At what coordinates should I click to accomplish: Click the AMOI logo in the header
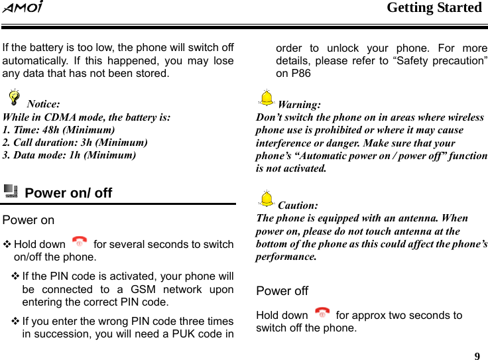coord(23,9)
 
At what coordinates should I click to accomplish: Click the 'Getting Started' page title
coord(434,8)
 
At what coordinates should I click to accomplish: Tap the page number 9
coord(477,355)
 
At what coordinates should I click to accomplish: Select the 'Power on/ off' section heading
coord(68,193)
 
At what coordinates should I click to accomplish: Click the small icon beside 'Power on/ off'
coord(11,192)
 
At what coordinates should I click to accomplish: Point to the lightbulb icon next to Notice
coord(12,99)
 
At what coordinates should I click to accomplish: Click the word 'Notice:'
coord(43,104)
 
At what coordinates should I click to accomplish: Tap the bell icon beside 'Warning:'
coord(266,99)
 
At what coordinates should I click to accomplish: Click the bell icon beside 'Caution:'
coord(266,199)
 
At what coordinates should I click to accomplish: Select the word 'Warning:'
coord(299,105)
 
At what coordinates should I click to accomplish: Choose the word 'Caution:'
coord(298,206)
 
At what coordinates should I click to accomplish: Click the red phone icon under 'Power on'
coord(80,243)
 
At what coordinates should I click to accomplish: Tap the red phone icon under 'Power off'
coord(322,313)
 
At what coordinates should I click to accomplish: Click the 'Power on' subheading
coord(29,220)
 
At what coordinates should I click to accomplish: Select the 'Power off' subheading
coord(282,291)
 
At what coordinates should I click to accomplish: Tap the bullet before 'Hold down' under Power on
coord(7,245)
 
